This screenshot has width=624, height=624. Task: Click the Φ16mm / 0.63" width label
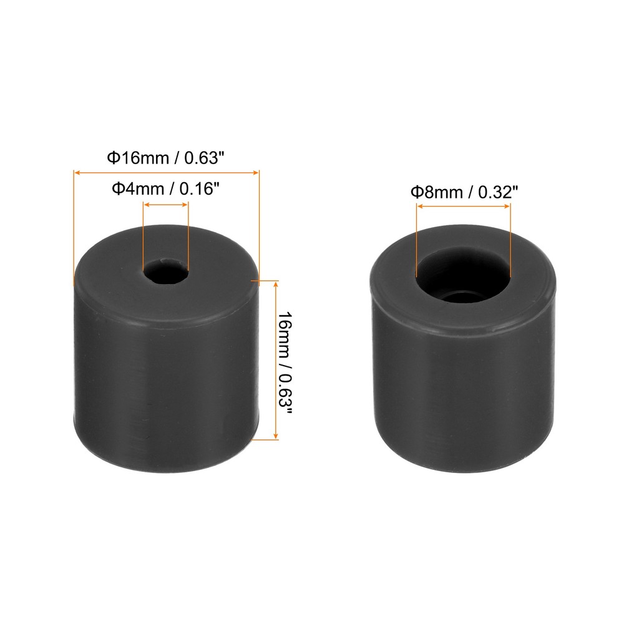point(165,158)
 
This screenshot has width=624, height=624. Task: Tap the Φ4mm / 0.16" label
point(165,188)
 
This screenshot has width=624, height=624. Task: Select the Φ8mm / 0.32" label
point(464,192)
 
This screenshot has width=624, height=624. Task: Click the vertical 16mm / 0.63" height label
point(285,360)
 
